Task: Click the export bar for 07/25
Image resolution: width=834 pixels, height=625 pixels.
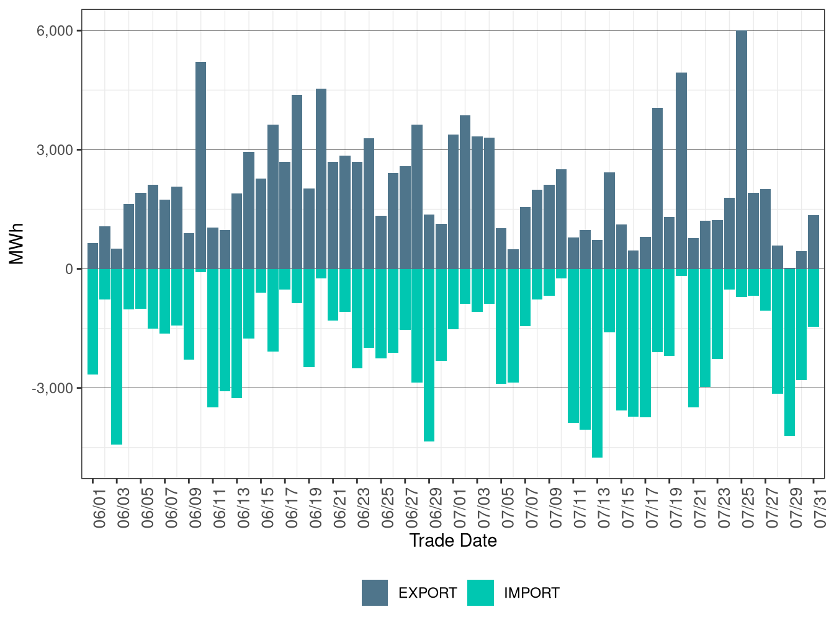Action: coord(742,149)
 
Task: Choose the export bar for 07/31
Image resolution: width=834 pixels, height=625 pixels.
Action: coord(814,242)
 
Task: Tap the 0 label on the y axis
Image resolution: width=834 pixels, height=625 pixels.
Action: coord(69,269)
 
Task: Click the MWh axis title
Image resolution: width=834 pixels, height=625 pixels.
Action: coord(17,244)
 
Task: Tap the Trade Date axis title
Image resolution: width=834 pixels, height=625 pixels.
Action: coord(453,541)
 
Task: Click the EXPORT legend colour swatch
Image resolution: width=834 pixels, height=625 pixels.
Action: coord(375,593)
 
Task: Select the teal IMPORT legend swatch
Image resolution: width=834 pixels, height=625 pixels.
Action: coord(480,593)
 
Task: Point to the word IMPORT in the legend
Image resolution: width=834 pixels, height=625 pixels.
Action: coord(531,593)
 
